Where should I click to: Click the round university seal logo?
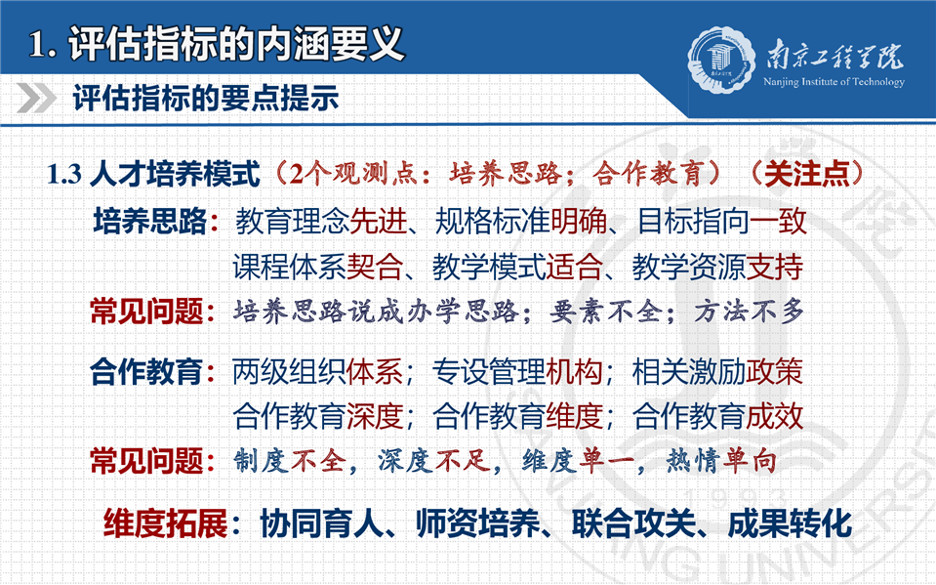point(721,61)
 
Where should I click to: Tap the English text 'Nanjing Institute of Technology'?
point(834,82)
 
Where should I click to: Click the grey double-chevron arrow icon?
point(36,98)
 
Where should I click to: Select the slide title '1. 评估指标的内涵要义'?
point(216,43)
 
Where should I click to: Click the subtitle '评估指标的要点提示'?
point(206,98)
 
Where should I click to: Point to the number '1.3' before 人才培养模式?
point(64,174)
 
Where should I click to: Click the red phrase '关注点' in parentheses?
point(806,174)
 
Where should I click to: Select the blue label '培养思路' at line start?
point(150,221)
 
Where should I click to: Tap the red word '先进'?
point(378,221)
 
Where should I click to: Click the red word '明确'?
point(578,221)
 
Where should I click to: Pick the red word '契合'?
point(374,267)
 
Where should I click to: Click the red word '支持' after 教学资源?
point(775,267)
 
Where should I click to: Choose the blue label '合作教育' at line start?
point(146,372)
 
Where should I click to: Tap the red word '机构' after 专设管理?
point(574,372)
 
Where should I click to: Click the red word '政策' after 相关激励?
point(775,372)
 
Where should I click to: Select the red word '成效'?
point(775,416)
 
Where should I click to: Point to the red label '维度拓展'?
point(166,523)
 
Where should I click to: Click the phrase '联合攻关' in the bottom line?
point(634,523)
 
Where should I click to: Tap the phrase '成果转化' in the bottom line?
point(790,523)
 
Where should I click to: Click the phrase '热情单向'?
point(721,461)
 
